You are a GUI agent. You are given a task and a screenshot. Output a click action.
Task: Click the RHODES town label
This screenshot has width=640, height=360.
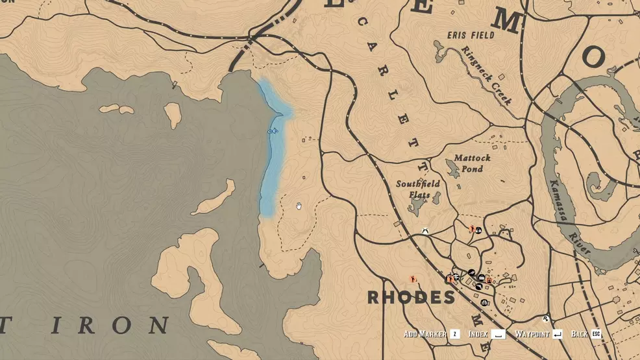coord(411,298)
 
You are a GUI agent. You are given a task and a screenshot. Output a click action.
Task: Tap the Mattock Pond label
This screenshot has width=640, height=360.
coord(472,163)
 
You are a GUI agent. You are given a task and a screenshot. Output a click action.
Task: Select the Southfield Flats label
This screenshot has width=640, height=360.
coord(418,189)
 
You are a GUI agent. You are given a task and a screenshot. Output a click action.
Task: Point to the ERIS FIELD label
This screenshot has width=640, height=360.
coord(471,34)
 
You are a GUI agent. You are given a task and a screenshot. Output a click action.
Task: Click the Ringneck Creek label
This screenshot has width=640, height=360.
coord(486,75)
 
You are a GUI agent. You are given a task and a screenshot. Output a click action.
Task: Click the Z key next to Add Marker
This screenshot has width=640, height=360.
coord(455,334)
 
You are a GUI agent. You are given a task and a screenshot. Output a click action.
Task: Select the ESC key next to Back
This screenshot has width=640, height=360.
coord(596,334)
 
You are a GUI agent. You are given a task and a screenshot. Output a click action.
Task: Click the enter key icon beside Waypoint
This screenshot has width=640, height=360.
coord(557,334)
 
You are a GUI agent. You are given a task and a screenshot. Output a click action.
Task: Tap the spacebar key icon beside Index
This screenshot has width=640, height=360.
coord(498,334)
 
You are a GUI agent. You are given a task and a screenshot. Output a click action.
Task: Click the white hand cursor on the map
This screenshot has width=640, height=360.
coord(299,206)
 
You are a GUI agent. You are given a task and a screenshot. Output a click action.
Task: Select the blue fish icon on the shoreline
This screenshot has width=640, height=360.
coord(273,131)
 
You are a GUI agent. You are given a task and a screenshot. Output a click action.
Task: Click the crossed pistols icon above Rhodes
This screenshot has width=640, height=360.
coord(425,230)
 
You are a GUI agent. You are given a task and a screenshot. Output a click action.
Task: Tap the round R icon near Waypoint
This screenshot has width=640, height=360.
coord(546,319)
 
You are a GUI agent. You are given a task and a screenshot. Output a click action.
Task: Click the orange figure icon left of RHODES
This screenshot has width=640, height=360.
coord(413,280)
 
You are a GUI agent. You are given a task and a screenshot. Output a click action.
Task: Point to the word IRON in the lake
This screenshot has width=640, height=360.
coord(123,325)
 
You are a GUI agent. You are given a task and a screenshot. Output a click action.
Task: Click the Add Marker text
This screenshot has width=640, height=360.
coord(425,334)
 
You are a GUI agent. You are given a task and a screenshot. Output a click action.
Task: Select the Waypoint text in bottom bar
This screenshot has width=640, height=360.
coord(532,334)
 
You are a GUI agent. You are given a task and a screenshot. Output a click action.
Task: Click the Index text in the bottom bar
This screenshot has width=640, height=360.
coord(478,334)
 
